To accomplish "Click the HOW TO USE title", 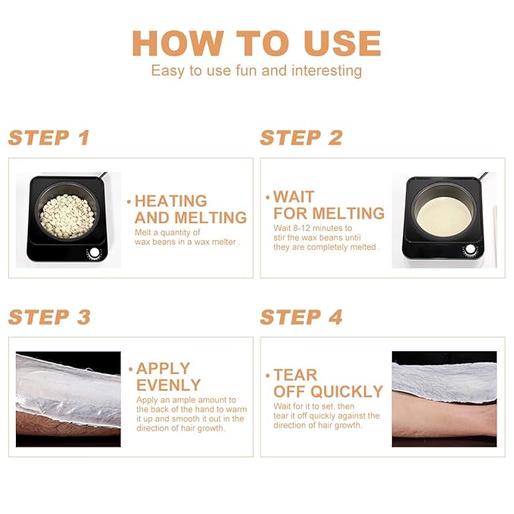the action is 257,43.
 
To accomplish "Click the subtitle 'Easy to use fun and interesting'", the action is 257,71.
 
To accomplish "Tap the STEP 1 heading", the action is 49,138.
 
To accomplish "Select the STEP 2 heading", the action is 301,138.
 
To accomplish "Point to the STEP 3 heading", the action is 49,317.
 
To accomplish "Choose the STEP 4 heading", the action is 301,317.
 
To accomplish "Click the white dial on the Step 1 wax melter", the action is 95,253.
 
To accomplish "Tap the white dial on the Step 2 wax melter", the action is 470,250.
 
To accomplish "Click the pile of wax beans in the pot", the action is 67,216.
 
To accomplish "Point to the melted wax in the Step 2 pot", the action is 444,217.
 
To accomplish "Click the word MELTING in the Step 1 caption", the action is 210,218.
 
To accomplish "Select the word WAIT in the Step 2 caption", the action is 294,197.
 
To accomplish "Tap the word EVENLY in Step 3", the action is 169,385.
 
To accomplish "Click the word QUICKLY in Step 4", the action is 347,391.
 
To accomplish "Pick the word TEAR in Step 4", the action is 295,375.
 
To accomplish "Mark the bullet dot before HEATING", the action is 129,201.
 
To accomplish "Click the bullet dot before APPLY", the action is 131,369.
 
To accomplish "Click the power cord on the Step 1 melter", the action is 103,175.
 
